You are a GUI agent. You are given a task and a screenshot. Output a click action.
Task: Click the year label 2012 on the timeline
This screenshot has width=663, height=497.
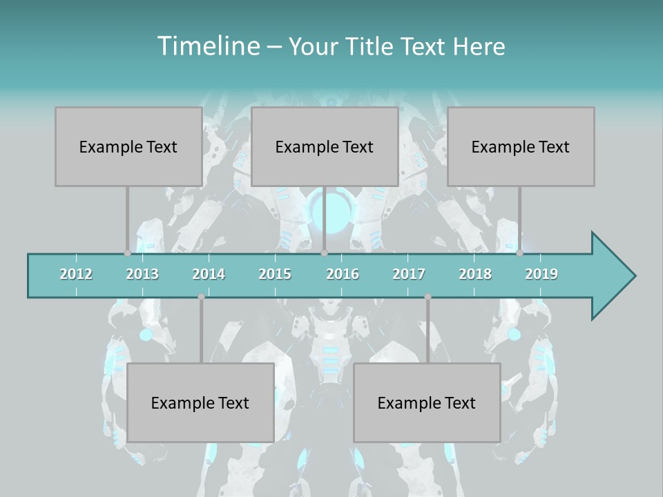(x=76, y=274)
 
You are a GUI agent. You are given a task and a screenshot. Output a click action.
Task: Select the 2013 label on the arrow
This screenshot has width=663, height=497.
(x=142, y=274)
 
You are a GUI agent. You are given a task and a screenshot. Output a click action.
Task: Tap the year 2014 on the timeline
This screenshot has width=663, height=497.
(x=209, y=274)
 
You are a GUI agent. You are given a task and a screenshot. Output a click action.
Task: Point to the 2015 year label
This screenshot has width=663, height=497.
(x=275, y=274)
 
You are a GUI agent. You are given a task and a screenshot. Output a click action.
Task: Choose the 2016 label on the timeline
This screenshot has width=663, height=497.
(x=343, y=274)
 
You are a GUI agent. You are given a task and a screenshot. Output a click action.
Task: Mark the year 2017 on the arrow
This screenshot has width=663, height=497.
(x=409, y=274)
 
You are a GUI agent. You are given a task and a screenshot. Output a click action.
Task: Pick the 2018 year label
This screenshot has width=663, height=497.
(x=475, y=274)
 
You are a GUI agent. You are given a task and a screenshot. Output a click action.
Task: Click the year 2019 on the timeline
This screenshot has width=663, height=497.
(x=541, y=274)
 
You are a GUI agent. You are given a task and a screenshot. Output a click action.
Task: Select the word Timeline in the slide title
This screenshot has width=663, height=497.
(x=207, y=46)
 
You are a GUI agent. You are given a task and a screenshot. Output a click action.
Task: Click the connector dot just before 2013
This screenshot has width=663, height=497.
(x=127, y=253)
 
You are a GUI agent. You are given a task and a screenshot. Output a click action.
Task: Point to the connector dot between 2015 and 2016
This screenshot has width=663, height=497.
(x=324, y=253)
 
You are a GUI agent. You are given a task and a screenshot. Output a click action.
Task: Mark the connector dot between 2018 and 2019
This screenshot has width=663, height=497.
(x=519, y=253)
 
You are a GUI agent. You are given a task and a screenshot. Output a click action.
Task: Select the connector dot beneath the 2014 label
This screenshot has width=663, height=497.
(x=201, y=297)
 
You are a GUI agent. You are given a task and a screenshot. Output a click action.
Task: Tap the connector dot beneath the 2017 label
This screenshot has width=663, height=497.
(x=427, y=297)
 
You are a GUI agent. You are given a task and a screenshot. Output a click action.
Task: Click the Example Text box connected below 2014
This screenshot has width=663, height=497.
(x=200, y=402)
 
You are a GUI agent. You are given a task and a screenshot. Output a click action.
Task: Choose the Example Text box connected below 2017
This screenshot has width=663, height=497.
(x=427, y=402)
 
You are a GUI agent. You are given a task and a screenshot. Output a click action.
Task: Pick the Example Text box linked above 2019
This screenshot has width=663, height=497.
(x=521, y=146)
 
